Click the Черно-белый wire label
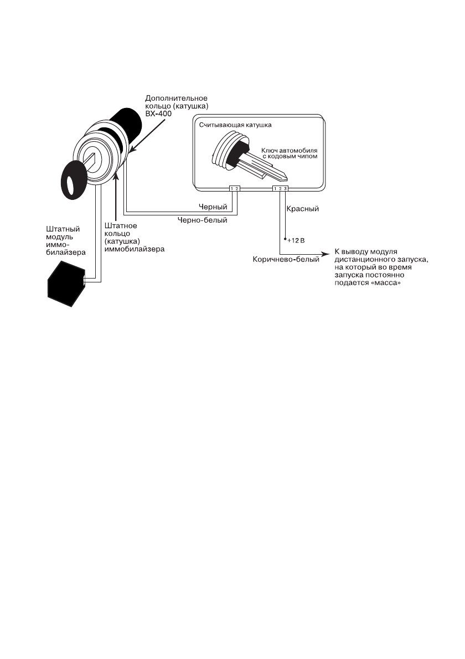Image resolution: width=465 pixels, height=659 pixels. pyautogui.click(x=202, y=220)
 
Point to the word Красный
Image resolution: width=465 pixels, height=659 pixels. pyautogui.click(x=303, y=209)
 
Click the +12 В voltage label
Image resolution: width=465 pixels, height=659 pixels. pyautogui.click(x=296, y=241)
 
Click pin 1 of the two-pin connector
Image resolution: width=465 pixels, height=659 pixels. pyautogui.click(x=232, y=189)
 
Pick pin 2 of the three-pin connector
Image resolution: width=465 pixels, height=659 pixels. pyautogui.click(x=281, y=189)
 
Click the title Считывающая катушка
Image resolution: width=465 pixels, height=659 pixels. pyautogui.click(x=235, y=125)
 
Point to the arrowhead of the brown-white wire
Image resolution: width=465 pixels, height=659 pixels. pyautogui.click(x=327, y=255)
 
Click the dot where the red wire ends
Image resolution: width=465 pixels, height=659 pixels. pyautogui.click(x=284, y=240)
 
